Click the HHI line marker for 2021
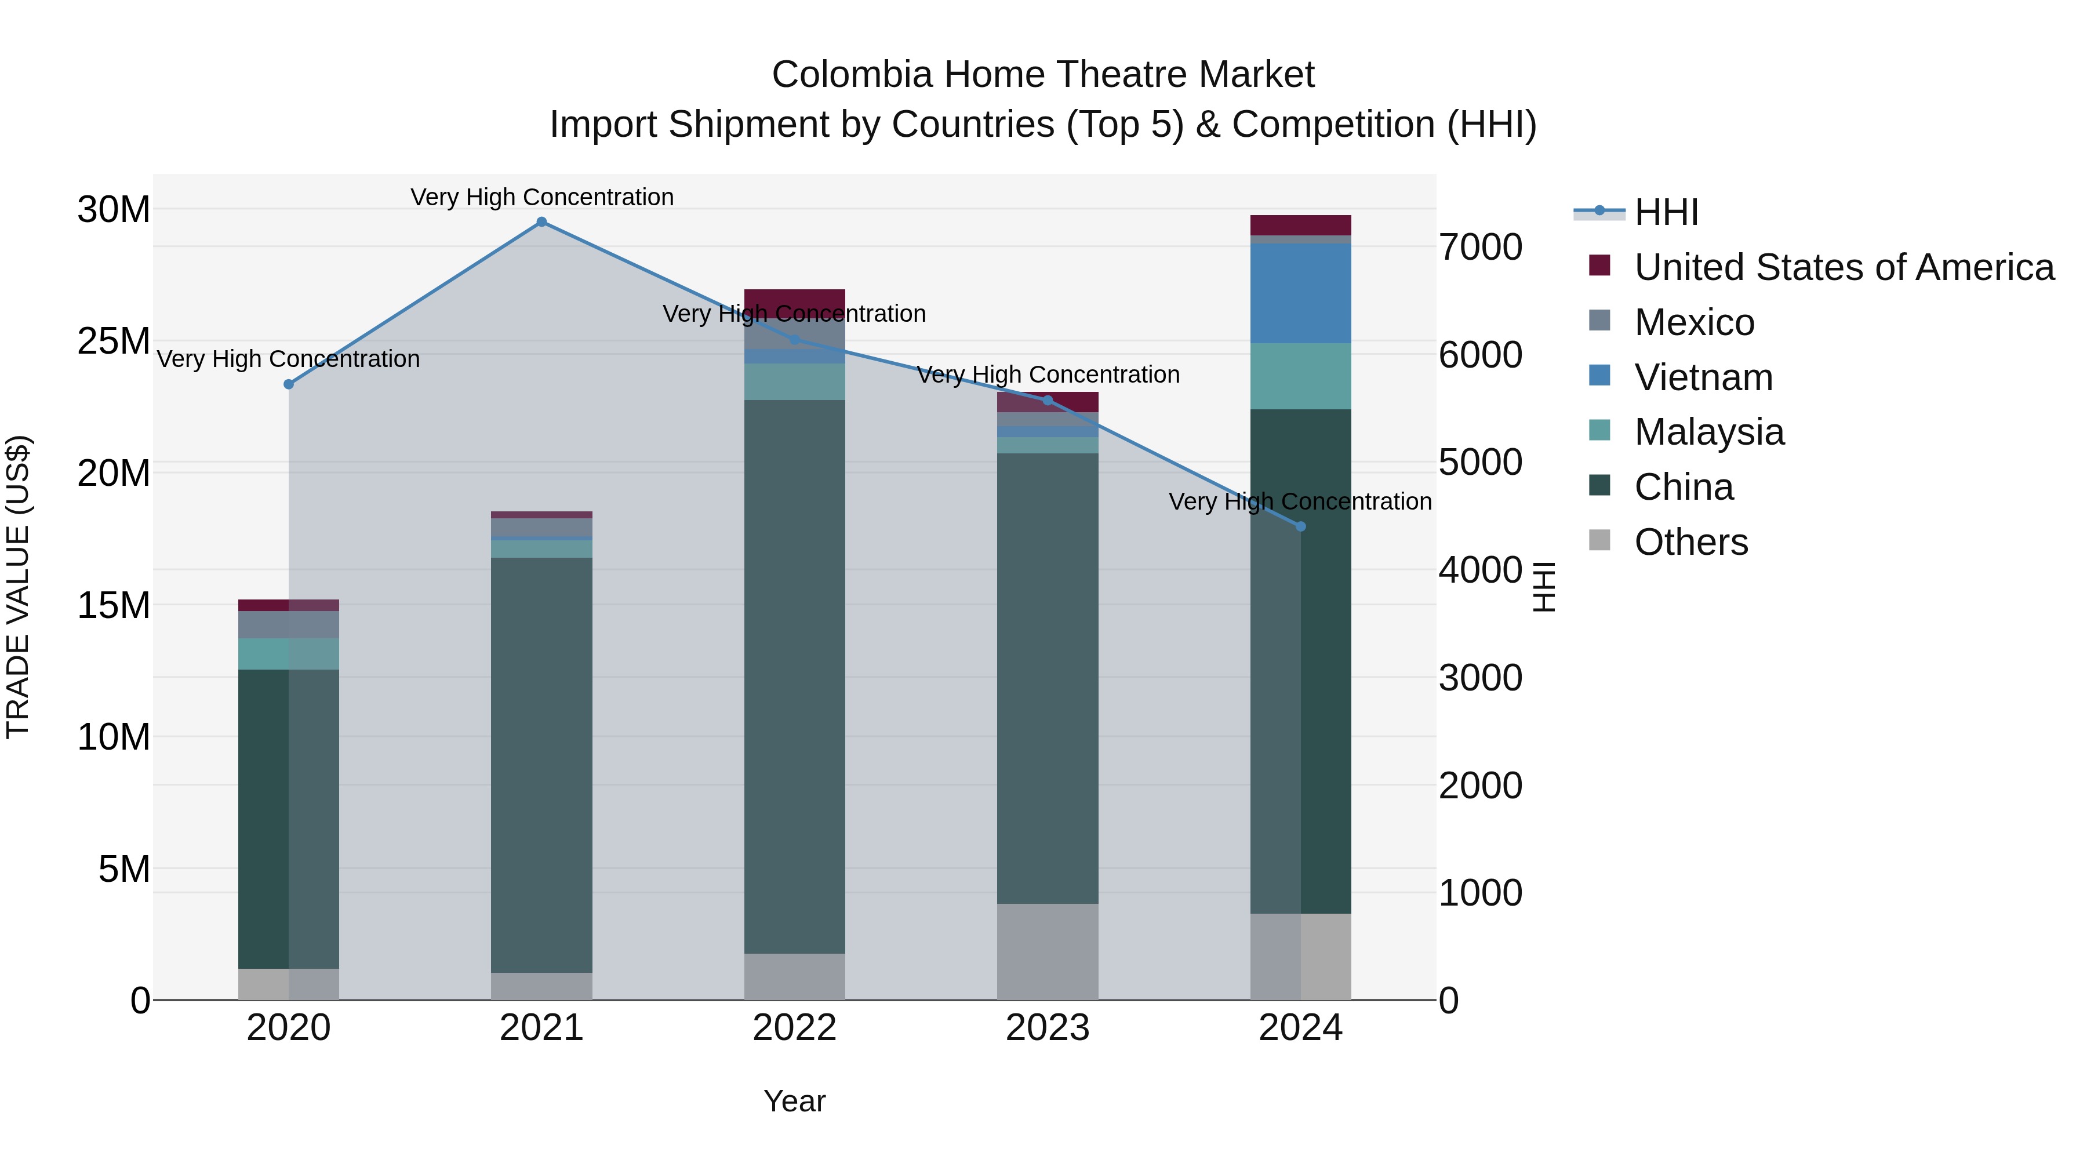[x=542, y=222]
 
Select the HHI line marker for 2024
[x=1301, y=526]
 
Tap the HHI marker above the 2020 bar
[x=289, y=384]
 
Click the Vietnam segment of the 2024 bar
[x=1301, y=293]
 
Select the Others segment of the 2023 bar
[x=1048, y=951]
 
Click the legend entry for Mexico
[x=1694, y=322]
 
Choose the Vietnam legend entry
[x=1703, y=377]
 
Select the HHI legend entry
[x=1666, y=212]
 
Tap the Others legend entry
[x=1691, y=542]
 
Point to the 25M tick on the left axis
[x=114, y=341]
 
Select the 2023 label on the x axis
[x=1048, y=1028]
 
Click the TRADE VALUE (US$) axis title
[x=19, y=587]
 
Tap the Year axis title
[x=794, y=1101]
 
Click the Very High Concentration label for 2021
[x=542, y=197]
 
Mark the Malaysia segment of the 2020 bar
[x=289, y=654]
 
